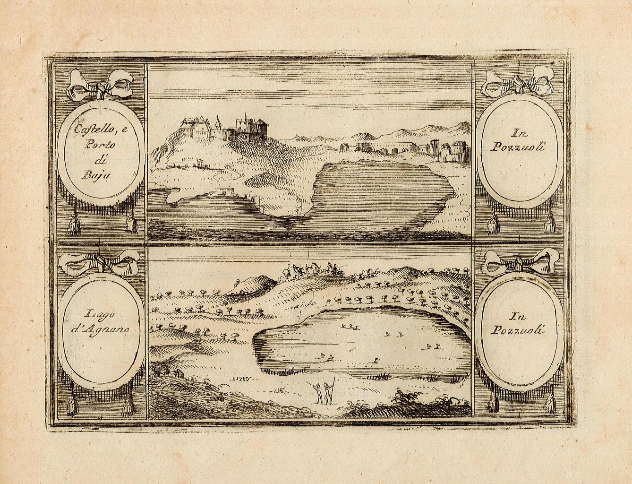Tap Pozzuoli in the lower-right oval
click(517, 330)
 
